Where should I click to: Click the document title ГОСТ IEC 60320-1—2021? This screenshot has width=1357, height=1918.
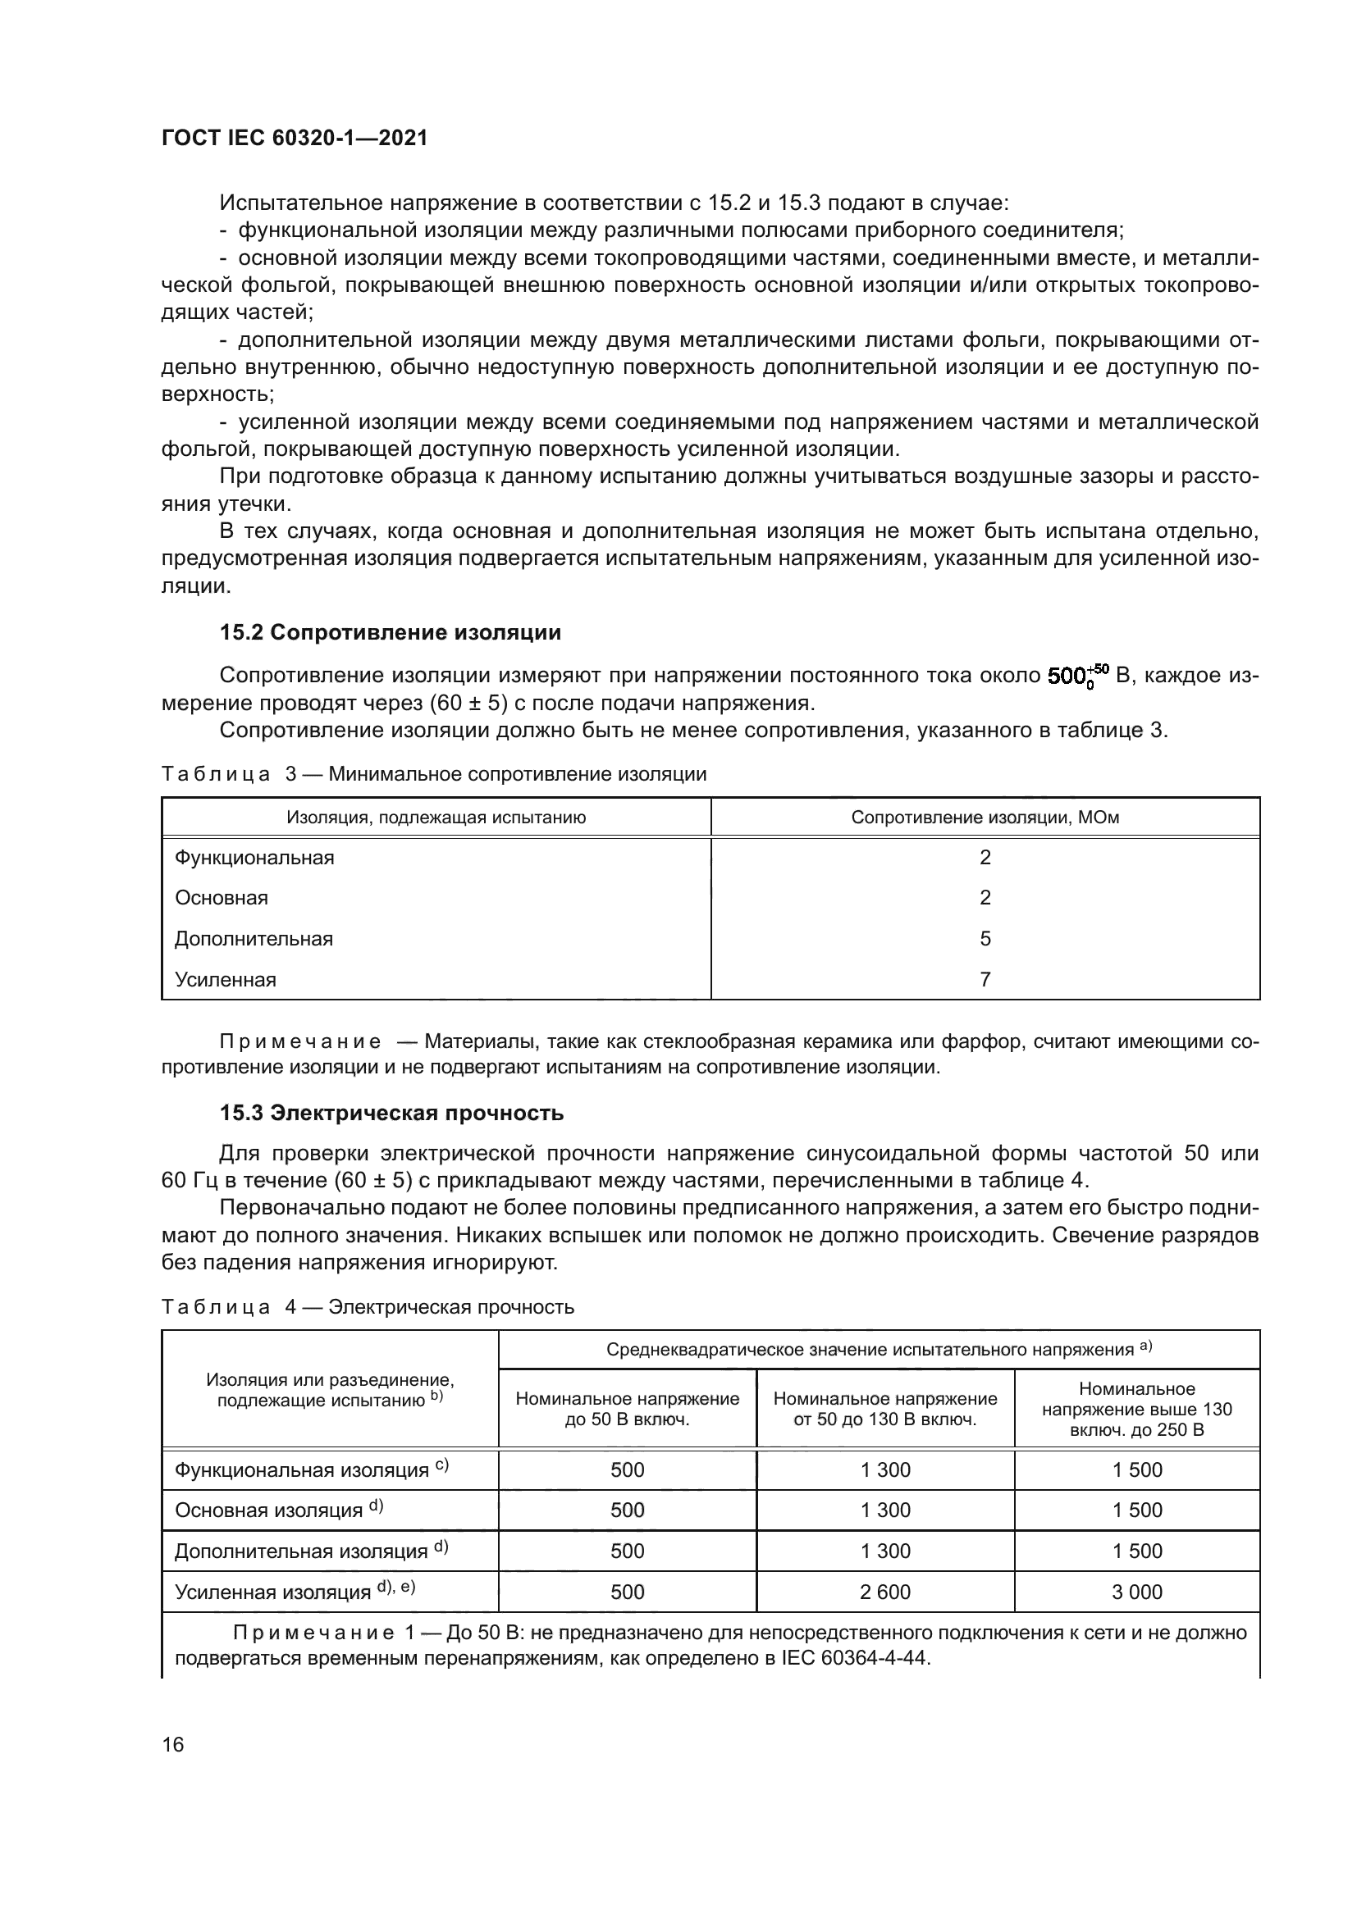295,139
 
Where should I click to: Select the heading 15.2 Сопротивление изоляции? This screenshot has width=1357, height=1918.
391,632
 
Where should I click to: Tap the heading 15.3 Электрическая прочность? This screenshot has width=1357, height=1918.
391,1114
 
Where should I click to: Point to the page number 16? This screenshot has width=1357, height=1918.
173,1744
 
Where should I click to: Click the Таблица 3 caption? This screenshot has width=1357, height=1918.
434,773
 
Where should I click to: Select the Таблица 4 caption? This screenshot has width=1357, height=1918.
368,1306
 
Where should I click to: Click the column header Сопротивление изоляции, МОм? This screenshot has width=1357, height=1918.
985,817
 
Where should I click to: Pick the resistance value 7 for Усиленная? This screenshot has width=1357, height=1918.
985,979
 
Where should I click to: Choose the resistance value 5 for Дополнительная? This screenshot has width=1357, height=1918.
985,938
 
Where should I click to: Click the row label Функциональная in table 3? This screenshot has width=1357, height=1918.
254,858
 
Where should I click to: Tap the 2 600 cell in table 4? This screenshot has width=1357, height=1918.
885,1592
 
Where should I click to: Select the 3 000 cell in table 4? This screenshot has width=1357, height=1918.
1136,1592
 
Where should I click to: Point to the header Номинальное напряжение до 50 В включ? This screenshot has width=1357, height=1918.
627,1409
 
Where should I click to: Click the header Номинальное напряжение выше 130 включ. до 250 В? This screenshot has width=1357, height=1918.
1136,1409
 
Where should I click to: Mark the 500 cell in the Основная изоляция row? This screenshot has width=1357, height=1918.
627,1510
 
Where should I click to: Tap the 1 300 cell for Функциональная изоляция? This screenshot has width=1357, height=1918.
885,1469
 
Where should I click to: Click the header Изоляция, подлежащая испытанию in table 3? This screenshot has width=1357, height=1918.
436,817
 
